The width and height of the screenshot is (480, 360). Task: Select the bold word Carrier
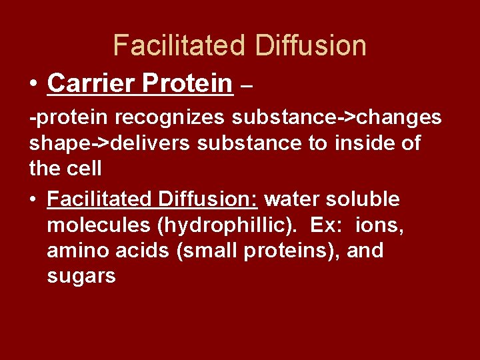(89, 83)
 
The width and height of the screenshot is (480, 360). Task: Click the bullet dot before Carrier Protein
(33, 85)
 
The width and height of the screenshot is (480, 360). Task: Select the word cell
(84, 169)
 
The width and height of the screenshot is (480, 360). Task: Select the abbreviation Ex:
(326, 225)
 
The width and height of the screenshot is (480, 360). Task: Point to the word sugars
(81, 277)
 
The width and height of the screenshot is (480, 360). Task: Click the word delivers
(167, 143)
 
